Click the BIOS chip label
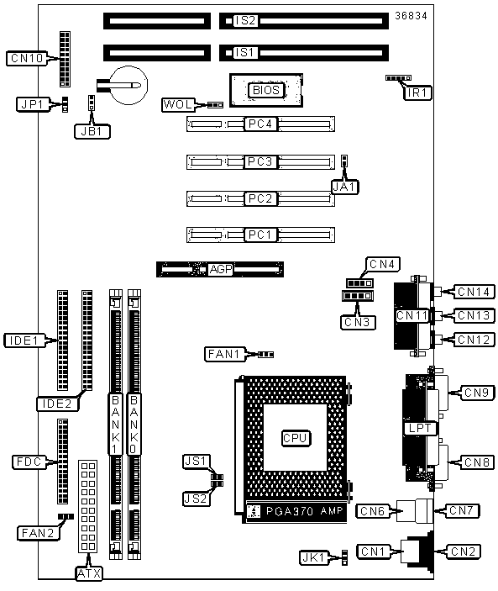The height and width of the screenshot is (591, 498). click(x=266, y=91)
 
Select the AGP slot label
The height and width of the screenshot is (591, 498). click(x=221, y=269)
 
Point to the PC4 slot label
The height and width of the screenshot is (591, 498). click(x=260, y=124)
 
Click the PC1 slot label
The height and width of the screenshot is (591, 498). click(x=260, y=235)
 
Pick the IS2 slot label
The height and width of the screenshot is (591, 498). click(x=245, y=21)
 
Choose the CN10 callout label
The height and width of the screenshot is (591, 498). click(x=27, y=58)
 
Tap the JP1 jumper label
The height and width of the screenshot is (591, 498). click(x=33, y=104)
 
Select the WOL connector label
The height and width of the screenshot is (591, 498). click(x=179, y=104)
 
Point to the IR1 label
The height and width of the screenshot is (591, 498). click(x=417, y=92)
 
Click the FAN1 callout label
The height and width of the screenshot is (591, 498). click(x=225, y=354)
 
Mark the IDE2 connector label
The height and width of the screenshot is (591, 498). click(x=58, y=404)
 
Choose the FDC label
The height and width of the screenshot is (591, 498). click(x=29, y=462)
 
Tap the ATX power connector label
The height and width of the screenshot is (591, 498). click(x=89, y=573)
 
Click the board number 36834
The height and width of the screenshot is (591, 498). click(x=411, y=16)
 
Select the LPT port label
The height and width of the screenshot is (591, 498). click(x=420, y=428)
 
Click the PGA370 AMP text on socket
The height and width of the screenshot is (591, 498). click(x=305, y=511)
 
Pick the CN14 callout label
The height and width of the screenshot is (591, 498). click(x=474, y=292)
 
